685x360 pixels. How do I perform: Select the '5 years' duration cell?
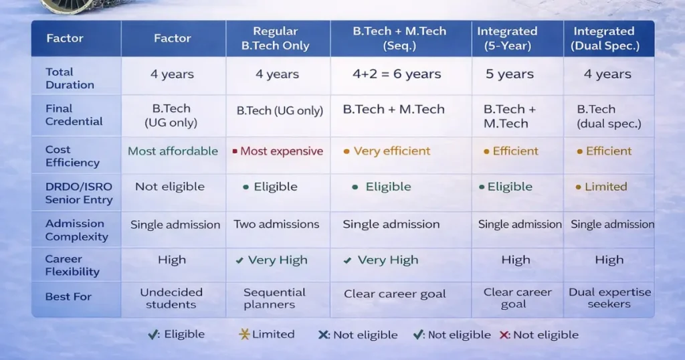tap(514, 74)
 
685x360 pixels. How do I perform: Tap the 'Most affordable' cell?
tap(173, 151)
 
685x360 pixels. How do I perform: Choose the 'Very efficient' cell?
tap(391, 151)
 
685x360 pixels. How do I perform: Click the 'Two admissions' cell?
tap(276, 225)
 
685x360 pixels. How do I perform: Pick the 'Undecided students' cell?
tap(171, 298)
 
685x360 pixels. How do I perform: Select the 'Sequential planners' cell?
tap(274, 298)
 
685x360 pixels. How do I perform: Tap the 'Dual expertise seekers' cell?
tap(609, 298)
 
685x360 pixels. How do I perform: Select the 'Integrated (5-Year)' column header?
tap(516, 38)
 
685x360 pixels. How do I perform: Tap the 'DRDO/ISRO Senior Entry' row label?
tap(78, 193)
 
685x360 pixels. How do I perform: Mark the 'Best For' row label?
tap(68, 296)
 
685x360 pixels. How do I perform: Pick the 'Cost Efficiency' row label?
tap(72, 156)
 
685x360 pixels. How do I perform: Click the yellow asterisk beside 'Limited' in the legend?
tap(244, 335)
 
